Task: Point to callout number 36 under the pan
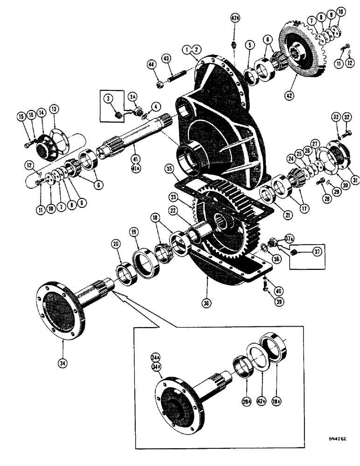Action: (x=206, y=303)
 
